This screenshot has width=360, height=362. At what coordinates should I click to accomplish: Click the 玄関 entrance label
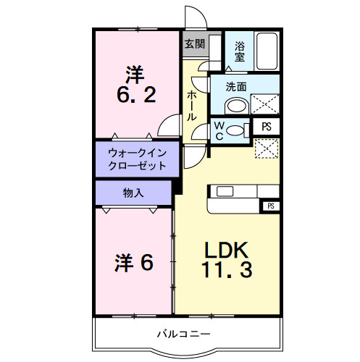[x=193, y=43]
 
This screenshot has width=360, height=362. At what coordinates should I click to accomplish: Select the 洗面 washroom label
[x=235, y=86]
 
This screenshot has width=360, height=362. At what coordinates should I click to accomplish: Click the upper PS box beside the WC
[x=267, y=127]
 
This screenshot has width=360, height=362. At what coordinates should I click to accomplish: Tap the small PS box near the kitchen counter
[x=271, y=206]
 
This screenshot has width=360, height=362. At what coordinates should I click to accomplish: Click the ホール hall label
[x=191, y=105]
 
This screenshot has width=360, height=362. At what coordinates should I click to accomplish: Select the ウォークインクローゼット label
[x=137, y=159]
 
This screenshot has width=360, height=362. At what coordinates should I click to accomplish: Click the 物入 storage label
[x=133, y=193]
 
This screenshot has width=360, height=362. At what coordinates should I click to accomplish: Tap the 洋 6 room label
[x=135, y=262]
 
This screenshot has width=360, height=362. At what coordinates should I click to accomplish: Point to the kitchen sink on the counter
[x=224, y=192]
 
